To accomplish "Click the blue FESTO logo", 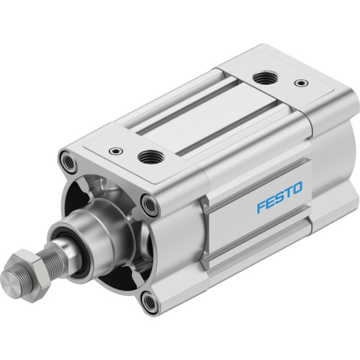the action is coord(280,197).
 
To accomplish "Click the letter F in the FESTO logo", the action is coord(261,207).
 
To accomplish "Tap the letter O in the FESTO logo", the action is coord(298,188).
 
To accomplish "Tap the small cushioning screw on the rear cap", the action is coord(301,83).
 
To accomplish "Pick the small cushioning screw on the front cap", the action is coord(116,151).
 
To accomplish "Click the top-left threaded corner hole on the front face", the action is coord(68,161).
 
